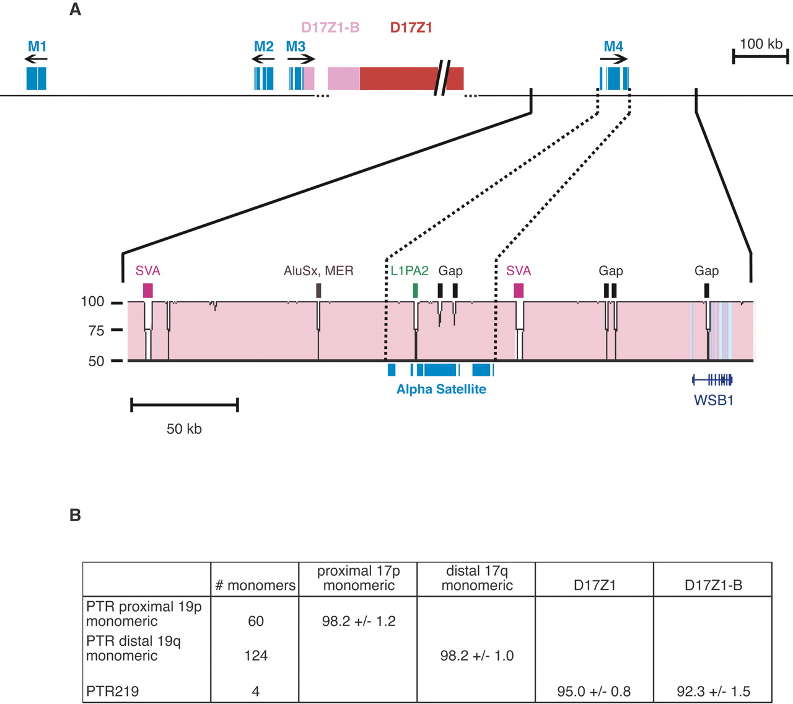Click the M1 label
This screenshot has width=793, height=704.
(37, 46)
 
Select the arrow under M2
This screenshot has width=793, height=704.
(263, 59)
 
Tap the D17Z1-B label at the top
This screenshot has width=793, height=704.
(330, 28)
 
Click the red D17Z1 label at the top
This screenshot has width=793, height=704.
(411, 28)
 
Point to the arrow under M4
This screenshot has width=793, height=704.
(613, 59)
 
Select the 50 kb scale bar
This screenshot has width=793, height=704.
(185, 406)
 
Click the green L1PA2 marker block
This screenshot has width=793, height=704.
(415, 290)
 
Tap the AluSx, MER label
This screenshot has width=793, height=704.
(318, 271)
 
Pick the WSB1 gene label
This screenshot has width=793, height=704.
(714, 400)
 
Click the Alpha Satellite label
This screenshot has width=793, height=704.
(441, 389)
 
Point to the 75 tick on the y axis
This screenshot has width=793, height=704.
(116, 330)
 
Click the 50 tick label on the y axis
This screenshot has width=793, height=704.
(96, 361)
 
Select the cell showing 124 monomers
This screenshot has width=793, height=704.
(255, 656)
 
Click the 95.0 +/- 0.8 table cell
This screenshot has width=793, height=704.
(594, 691)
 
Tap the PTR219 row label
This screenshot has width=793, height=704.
(113, 691)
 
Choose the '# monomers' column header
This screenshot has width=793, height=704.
(255, 585)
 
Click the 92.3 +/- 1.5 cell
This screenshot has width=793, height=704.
(713, 691)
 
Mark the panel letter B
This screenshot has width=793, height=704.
(75, 515)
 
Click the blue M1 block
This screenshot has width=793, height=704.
(36, 78)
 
